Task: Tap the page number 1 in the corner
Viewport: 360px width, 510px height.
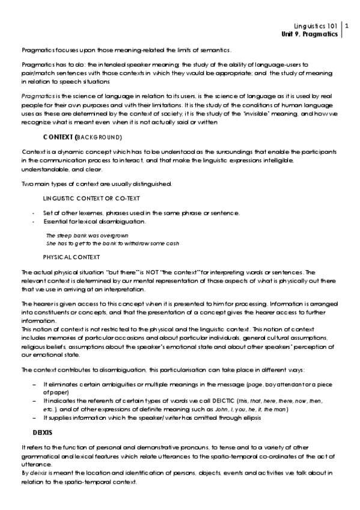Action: [347, 26]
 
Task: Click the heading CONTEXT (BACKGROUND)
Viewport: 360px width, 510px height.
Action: [79, 137]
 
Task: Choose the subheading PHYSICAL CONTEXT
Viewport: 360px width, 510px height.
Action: [72, 257]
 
